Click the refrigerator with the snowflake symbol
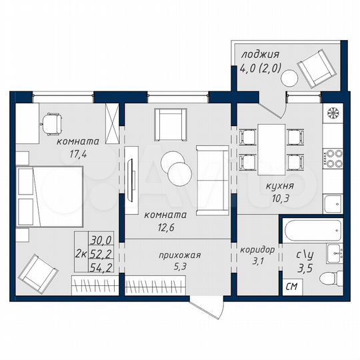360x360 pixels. point(332,112)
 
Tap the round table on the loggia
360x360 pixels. point(289,78)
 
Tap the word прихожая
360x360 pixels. point(179,255)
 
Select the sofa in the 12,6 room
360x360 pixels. point(212,171)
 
